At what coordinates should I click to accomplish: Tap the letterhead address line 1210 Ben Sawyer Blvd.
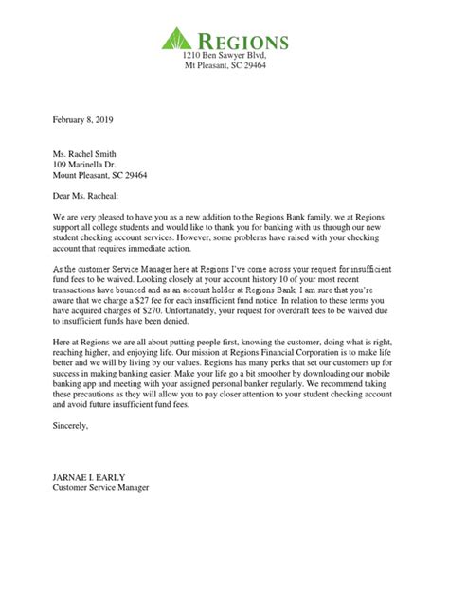point(224,58)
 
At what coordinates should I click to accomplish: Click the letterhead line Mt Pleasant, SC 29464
point(224,70)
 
